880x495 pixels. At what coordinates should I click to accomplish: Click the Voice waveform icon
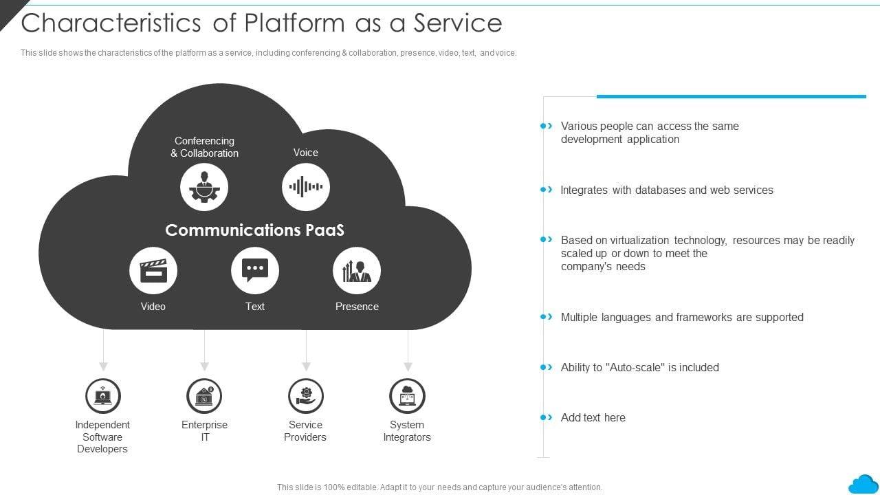point(306,186)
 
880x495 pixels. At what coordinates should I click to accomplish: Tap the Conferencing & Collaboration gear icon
point(204,188)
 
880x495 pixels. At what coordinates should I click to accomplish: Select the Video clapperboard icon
point(153,271)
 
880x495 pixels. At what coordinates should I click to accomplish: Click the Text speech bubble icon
point(255,271)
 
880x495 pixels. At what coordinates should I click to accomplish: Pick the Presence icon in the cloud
point(357,271)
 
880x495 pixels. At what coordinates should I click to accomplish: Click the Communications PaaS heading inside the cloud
point(254,230)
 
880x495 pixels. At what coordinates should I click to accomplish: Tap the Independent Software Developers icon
point(103,396)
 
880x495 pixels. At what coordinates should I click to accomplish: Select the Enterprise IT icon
point(204,396)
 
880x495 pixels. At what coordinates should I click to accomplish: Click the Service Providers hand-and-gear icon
point(306,396)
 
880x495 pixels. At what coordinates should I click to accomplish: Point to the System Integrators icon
point(408,396)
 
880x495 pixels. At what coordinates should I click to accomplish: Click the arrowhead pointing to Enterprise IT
point(205,366)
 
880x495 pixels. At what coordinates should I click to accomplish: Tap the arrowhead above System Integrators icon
point(408,366)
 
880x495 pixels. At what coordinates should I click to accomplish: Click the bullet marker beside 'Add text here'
point(547,417)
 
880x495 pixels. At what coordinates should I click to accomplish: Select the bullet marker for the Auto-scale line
point(547,367)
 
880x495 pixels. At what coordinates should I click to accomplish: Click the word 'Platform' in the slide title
point(295,23)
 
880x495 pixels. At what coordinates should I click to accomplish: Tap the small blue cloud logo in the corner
point(864,484)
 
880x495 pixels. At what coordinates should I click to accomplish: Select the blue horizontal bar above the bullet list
point(731,96)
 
